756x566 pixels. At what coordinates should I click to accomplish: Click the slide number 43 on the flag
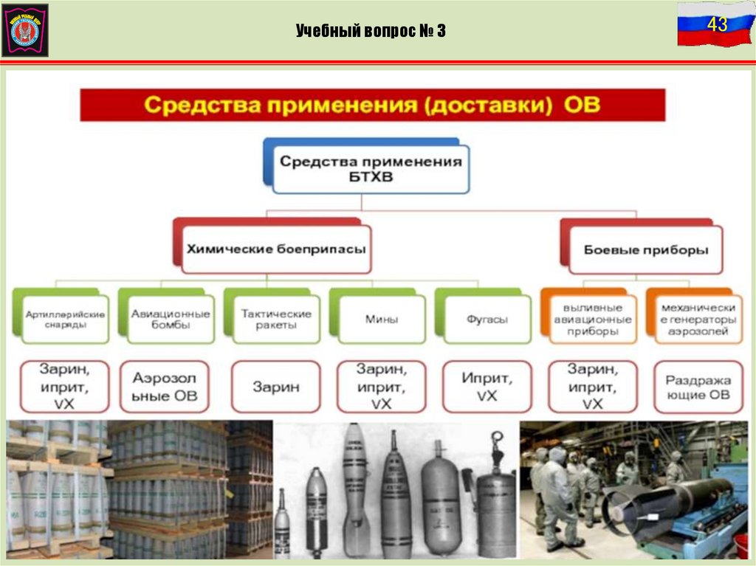717,25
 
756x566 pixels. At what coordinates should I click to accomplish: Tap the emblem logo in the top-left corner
25,30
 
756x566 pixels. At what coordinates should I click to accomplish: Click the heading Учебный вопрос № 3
371,31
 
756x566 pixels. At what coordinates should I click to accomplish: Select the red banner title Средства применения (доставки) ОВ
372,105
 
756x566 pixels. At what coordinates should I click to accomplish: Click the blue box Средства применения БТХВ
371,168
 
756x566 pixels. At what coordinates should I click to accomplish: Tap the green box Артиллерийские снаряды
65,319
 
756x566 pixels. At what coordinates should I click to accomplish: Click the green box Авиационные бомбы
171,319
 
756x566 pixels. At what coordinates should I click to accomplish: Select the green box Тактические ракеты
276,319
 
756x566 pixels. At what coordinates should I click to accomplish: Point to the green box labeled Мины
381,320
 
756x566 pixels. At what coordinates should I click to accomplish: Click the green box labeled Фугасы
487,320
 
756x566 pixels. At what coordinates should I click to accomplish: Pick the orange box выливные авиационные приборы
592,320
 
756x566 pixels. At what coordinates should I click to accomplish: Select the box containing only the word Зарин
276,386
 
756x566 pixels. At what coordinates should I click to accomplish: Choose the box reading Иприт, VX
487,386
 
